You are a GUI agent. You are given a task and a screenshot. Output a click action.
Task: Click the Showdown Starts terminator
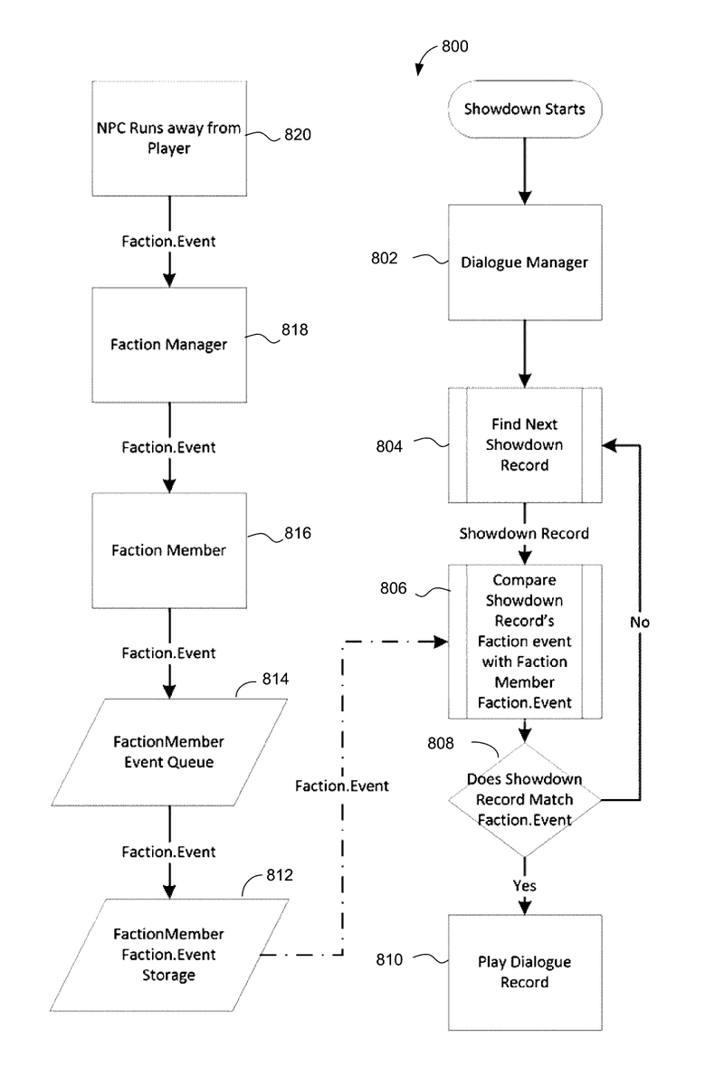[x=525, y=110]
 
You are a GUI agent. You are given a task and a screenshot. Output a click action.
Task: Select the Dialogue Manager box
[x=525, y=262]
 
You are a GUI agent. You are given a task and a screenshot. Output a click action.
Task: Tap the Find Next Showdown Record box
[x=525, y=445]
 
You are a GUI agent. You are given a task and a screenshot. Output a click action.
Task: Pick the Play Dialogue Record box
[x=525, y=972]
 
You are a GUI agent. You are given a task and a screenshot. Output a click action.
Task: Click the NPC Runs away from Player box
[x=169, y=138]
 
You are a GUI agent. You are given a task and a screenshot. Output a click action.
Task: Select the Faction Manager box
[x=169, y=344]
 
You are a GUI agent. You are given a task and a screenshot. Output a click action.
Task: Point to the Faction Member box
[x=169, y=549]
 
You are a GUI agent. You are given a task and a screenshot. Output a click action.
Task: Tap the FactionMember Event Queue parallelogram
[x=169, y=751]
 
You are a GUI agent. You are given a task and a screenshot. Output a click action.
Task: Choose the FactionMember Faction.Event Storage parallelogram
[x=169, y=954]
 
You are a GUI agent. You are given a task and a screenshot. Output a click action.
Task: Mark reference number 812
[x=280, y=875]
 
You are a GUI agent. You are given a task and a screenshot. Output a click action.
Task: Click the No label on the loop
[x=640, y=623]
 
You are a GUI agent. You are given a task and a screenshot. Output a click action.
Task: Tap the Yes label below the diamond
[x=525, y=884]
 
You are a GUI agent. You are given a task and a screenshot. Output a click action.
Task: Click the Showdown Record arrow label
[x=525, y=534]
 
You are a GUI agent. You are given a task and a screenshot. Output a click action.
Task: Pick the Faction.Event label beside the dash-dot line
[x=342, y=786]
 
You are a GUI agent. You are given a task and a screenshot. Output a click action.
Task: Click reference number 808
[x=443, y=744]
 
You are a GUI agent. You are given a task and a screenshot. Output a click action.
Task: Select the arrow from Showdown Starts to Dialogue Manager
[x=525, y=171]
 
